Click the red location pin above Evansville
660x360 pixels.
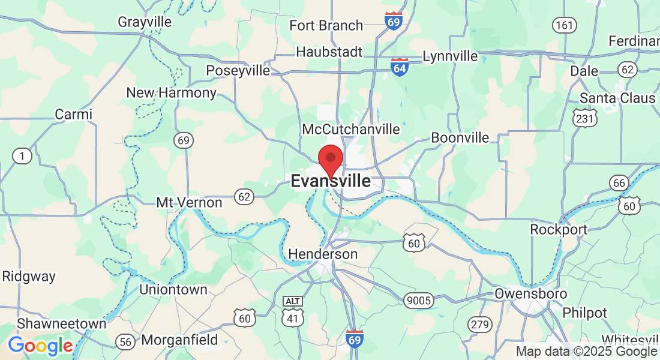(330, 160)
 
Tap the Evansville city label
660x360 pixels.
(331, 181)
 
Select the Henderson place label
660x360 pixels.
(323, 254)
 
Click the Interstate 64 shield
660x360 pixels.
(400, 67)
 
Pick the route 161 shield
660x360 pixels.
(564, 25)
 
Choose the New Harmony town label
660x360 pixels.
(172, 93)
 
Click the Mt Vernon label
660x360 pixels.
(189, 203)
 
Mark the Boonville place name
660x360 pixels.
(460, 138)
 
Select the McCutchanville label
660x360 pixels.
(351, 130)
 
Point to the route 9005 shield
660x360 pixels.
(418, 301)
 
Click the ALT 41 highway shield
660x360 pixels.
(292, 311)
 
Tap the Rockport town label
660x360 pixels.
(559, 230)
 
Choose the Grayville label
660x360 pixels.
(145, 22)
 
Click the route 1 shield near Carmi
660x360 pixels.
(22, 156)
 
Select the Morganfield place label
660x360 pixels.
(180, 340)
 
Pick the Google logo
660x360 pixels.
(40, 346)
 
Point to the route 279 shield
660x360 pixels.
(479, 325)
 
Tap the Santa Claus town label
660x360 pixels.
(617, 98)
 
